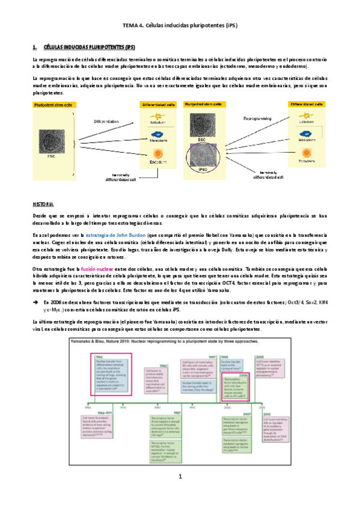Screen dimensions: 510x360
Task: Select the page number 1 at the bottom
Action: click(180, 477)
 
